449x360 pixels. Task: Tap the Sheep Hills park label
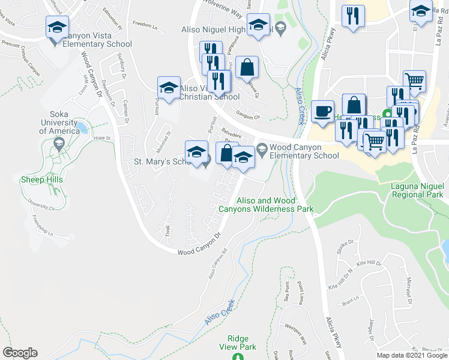(38, 179)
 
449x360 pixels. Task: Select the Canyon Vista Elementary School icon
(57, 27)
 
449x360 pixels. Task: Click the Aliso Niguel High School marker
(259, 26)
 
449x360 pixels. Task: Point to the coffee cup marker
(322, 112)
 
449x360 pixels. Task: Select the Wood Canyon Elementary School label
(304, 151)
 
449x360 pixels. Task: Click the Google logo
(20, 353)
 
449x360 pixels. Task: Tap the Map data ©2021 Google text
(411, 355)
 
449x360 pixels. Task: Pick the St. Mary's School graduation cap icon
(196, 152)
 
